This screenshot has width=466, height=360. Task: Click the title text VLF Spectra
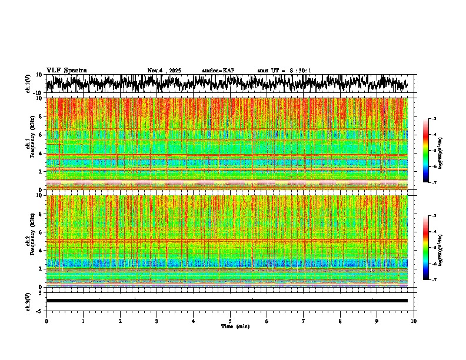tap(66, 70)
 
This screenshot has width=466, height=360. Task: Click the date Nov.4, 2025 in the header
tap(164, 71)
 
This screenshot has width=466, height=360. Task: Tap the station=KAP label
tap(218, 71)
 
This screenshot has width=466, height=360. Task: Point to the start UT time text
tap(284, 71)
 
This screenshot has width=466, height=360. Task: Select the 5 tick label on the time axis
tap(230, 321)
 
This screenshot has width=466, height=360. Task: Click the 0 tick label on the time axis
tap(46, 321)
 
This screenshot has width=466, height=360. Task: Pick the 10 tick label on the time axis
tap(414, 321)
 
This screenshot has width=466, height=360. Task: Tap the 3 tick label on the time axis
tap(157, 321)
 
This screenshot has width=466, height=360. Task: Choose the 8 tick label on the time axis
tap(340, 321)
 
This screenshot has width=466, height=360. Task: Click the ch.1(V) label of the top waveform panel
tap(28, 84)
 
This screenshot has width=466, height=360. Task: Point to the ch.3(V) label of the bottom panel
tap(28, 301)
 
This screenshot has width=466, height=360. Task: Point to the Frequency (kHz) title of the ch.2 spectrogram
tap(33, 238)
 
